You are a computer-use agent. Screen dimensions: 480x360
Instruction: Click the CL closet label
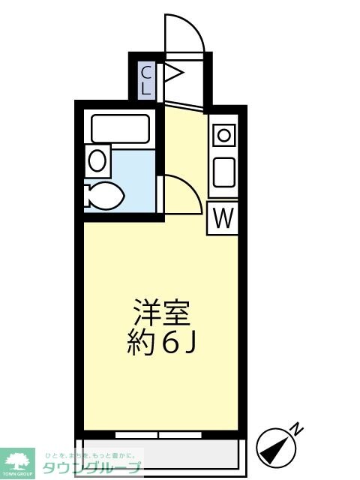147,79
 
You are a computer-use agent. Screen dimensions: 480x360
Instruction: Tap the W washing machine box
223,218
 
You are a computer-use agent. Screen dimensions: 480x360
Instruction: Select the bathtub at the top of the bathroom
121,128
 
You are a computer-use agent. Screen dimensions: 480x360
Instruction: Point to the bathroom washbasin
97,159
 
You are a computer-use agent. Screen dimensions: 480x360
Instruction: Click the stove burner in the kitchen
223,136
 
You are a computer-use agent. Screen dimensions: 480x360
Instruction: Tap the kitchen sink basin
223,173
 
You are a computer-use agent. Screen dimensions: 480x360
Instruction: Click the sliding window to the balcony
160,434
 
